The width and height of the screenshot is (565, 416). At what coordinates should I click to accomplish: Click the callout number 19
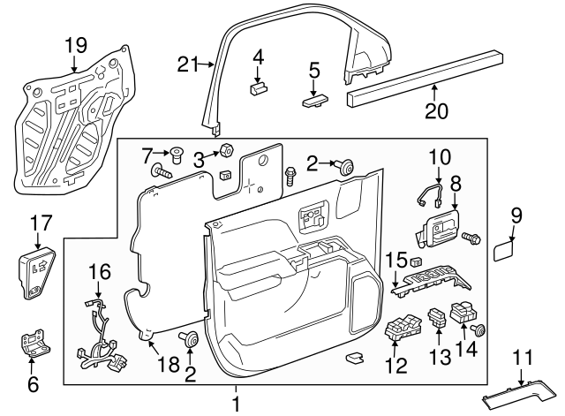77,46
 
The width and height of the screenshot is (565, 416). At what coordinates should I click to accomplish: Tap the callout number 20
437,111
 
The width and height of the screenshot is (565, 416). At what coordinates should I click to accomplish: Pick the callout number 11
524,358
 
